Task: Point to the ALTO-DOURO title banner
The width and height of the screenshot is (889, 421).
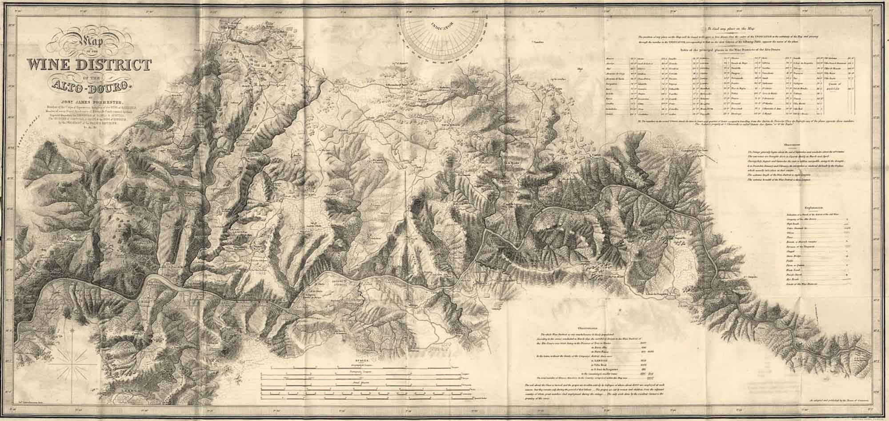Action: click(89, 86)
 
